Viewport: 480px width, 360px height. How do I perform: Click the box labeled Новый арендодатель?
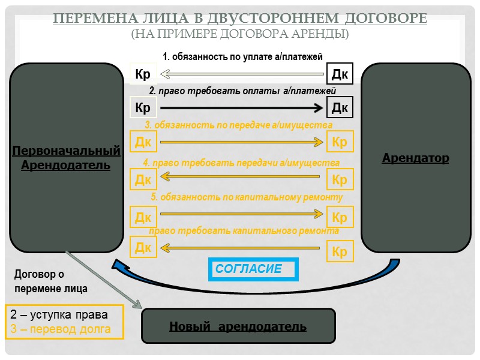(238, 326)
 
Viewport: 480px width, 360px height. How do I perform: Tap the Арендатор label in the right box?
(415, 158)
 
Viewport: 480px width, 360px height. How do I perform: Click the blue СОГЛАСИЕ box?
(253, 269)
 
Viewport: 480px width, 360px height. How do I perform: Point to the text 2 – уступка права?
(59, 315)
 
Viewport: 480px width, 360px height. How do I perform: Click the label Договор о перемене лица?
(50, 281)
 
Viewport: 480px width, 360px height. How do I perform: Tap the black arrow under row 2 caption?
(242, 108)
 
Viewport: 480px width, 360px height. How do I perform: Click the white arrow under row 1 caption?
(242, 74)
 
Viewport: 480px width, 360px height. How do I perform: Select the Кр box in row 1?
(143, 74)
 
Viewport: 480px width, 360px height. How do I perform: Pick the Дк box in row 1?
(340, 74)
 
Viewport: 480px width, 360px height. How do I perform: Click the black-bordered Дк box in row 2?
(340, 108)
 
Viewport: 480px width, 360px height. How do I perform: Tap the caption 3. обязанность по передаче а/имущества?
(238, 125)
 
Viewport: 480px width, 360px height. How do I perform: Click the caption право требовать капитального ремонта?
(244, 230)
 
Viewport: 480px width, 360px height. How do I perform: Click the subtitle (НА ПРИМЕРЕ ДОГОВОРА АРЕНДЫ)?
(240, 34)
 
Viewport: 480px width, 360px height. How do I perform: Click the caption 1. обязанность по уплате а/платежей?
(243, 56)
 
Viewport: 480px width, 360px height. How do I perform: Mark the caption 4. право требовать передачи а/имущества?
(241, 163)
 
